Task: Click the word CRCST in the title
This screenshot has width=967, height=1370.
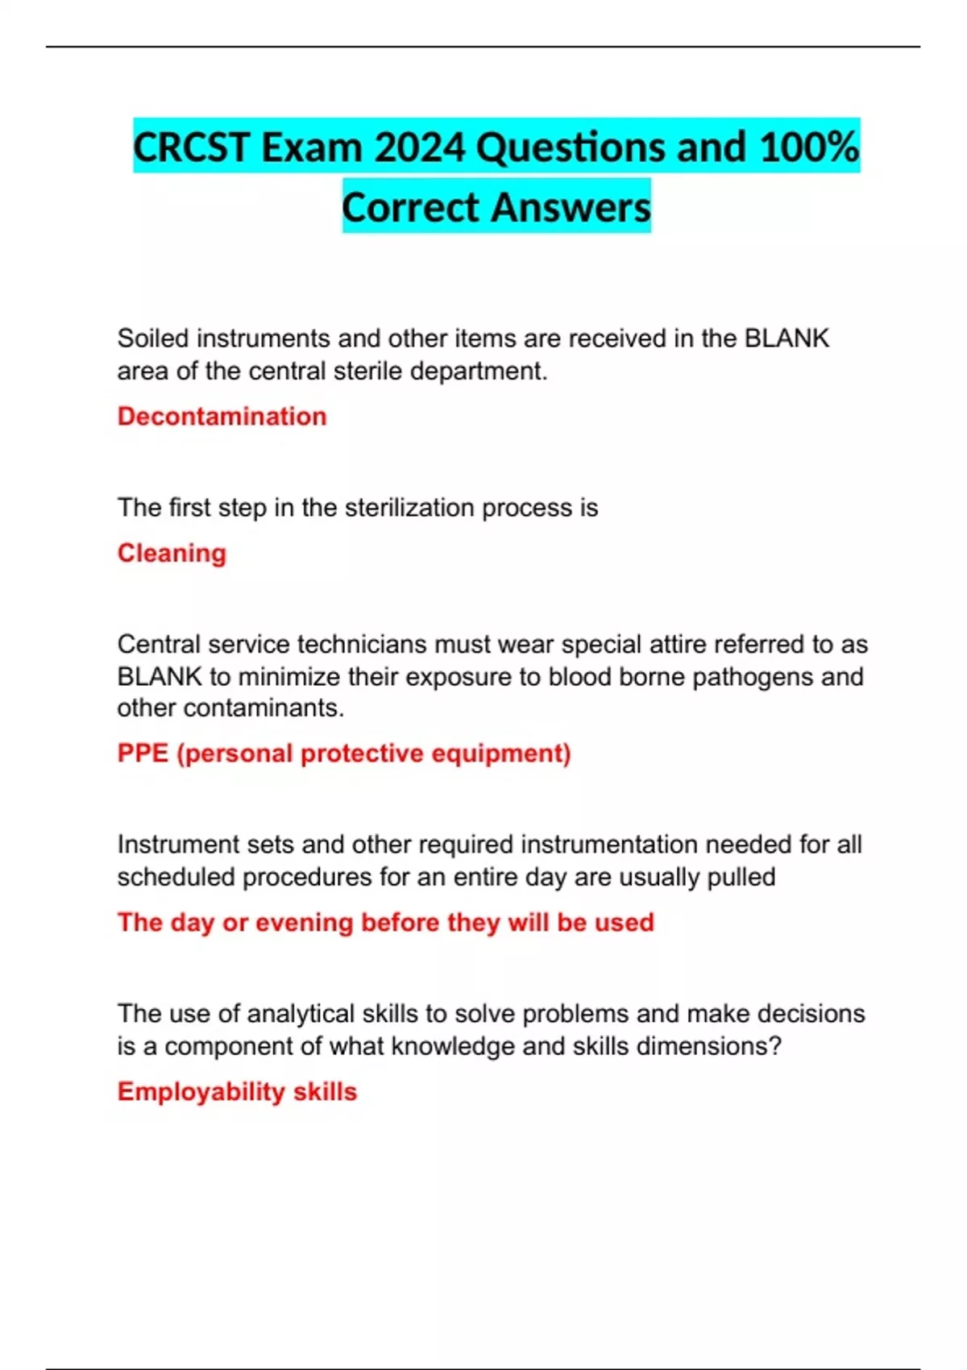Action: click(x=191, y=147)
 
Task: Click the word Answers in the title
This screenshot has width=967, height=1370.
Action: click(x=571, y=207)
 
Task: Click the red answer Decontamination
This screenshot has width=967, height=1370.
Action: click(x=222, y=417)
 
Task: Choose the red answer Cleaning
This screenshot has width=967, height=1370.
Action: click(x=172, y=554)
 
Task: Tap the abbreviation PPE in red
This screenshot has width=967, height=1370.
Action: click(x=143, y=753)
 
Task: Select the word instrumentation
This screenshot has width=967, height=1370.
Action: click(x=609, y=845)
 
